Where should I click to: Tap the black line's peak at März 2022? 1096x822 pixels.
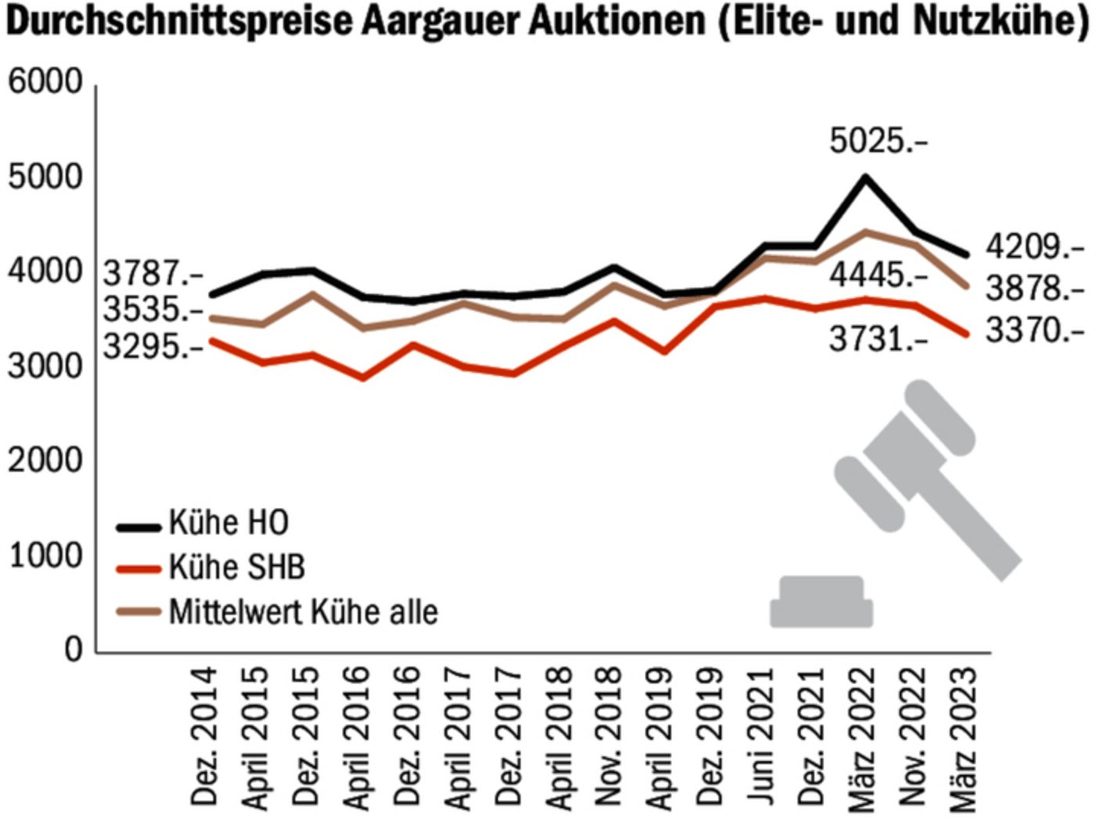click(865, 178)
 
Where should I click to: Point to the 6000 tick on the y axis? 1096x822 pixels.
click(45, 83)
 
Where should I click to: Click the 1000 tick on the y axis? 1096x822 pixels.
click(45, 555)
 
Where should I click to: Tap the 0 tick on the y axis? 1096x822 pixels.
click(73, 650)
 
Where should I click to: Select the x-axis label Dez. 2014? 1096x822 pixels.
click(204, 736)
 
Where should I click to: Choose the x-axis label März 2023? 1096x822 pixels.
click(963, 736)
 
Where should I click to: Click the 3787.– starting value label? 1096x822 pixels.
click(153, 276)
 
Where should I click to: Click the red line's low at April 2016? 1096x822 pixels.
click(363, 378)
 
